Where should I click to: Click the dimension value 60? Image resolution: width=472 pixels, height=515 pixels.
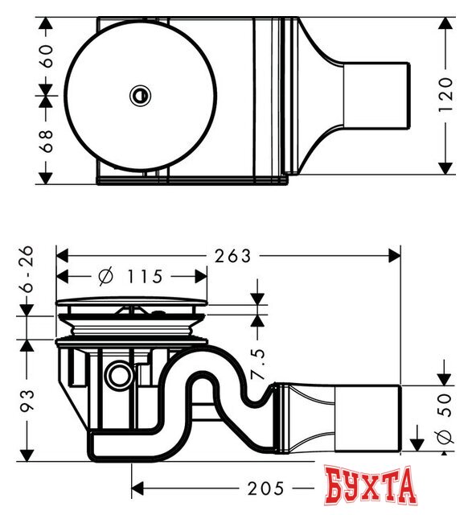[46, 56]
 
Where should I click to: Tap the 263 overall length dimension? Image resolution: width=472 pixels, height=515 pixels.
[234, 256]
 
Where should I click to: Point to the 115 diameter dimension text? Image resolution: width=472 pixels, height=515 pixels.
[146, 277]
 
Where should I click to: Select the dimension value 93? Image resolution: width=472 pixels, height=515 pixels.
[28, 400]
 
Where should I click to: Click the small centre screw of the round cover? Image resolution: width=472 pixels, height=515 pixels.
[140, 96]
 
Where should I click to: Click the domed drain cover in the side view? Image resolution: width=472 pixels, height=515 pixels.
[132, 303]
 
